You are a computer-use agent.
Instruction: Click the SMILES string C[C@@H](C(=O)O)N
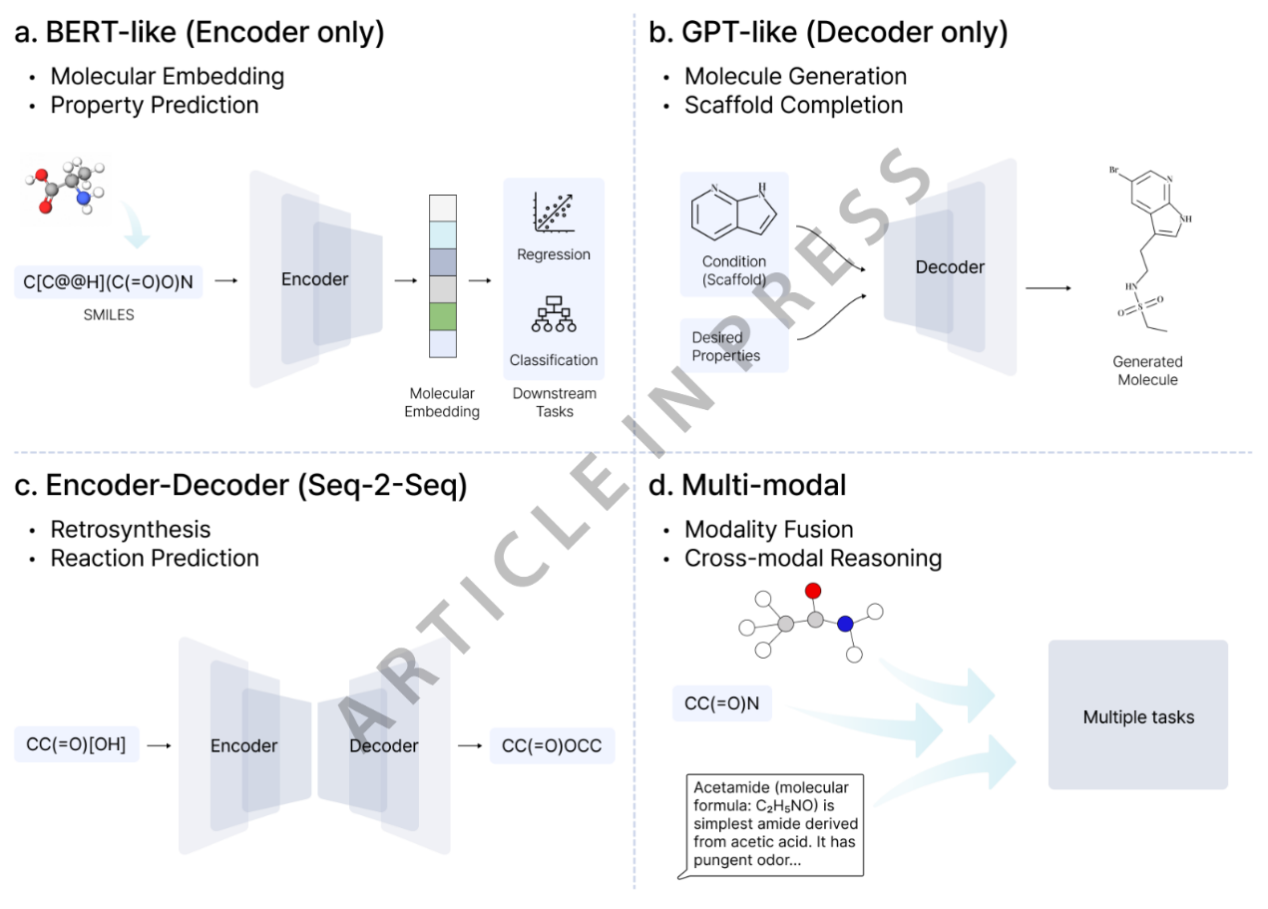pos(109,283)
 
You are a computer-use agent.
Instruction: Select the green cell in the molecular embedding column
pos(441,315)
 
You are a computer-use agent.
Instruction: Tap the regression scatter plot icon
pos(554,212)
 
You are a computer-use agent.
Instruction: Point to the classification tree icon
pos(554,316)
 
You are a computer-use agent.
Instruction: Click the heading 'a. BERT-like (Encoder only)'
pos(200,33)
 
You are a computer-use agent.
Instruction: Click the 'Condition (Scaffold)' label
pos(733,270)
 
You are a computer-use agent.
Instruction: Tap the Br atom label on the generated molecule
pos(1113,171)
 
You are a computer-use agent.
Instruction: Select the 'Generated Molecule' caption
pos(1147,370)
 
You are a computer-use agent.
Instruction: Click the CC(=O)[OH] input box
pos(77,744)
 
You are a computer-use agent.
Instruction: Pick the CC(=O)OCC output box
pos(552,745)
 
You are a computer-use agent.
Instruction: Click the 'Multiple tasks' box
pos(1137,716)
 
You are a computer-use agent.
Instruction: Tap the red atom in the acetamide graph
pos(812,591)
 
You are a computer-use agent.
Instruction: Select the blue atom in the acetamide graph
pos(845,624)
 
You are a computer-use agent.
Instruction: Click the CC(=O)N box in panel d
pos(721,702)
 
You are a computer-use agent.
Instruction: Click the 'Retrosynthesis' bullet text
pos(131,529)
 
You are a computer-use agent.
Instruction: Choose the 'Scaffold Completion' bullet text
pos(793,105)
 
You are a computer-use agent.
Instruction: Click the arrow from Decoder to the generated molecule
pos(1049,288)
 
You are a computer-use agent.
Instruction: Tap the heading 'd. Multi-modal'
pos(747,486)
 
